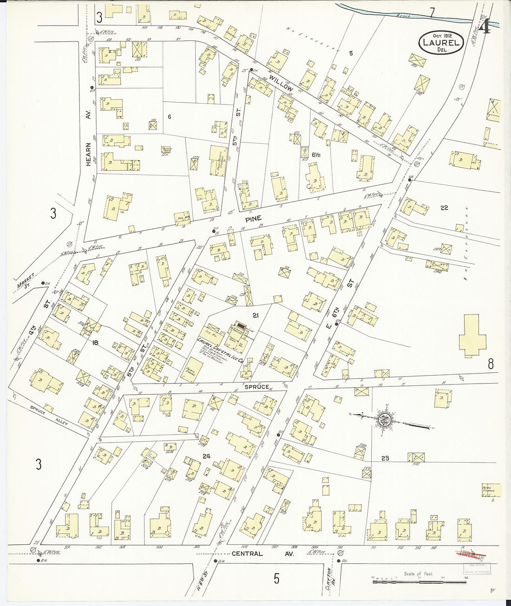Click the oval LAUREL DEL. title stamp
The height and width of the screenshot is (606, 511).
[441, 43]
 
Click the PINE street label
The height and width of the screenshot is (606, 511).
[253, 218]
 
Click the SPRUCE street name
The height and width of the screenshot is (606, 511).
[256, 386]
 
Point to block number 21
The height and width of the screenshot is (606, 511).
[255, 315]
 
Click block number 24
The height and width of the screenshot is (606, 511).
[206, 456]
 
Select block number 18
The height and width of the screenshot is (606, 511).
[96, 343]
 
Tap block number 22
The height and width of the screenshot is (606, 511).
[444, 208]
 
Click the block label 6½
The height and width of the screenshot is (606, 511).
[316, 155]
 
